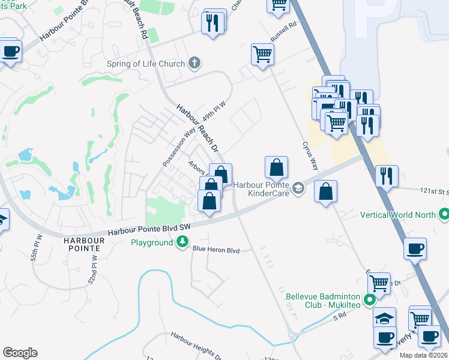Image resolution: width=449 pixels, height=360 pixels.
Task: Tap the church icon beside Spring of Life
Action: (194, 62)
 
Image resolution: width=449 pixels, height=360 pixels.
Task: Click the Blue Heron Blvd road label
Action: (215, 250)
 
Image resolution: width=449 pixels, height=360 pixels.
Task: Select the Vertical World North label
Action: (398, 214)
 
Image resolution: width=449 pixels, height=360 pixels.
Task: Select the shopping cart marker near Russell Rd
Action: (262, 55)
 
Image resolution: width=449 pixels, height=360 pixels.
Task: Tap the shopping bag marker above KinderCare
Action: (276, 167)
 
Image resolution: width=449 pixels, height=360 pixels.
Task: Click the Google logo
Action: (20, 353)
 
